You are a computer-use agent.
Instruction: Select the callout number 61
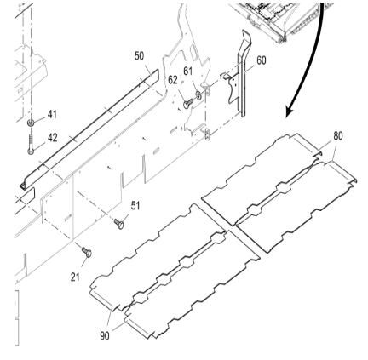(188, 70)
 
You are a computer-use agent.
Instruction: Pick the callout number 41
(52, 114)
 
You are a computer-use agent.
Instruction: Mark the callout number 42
(52, 135)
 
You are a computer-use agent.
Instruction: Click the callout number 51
(135, 205)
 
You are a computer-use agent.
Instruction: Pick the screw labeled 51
(119, 223)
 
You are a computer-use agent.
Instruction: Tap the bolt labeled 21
(85, 252)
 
